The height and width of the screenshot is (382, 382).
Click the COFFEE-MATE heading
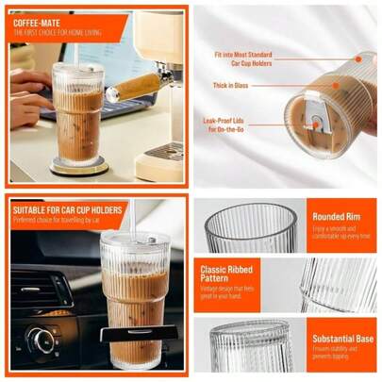(38, 20)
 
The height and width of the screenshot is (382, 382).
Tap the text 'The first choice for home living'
(57, 32)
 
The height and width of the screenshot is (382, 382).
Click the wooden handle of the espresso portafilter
(132, 88)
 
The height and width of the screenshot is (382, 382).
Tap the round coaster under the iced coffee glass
(79, 167)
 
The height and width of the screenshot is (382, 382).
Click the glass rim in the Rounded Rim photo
(250, 212)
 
